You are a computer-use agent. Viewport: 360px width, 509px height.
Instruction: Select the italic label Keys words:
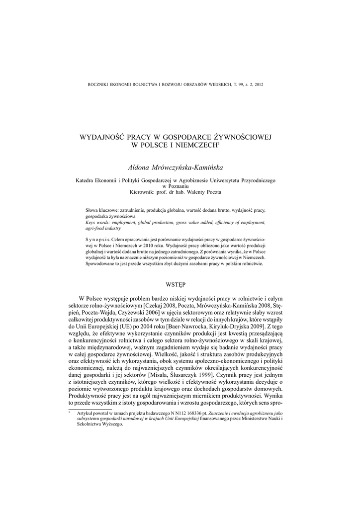coord(98,223)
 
